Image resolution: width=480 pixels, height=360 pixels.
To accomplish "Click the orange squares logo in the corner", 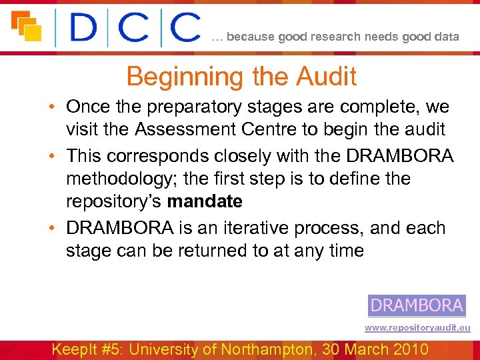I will tap(26, 26).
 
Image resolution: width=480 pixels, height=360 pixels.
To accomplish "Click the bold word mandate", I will tap(205, 201).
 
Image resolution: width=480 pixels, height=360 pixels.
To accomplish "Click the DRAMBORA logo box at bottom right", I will tap(417, 306).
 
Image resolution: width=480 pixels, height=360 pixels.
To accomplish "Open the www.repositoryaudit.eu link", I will tap(417, 327).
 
